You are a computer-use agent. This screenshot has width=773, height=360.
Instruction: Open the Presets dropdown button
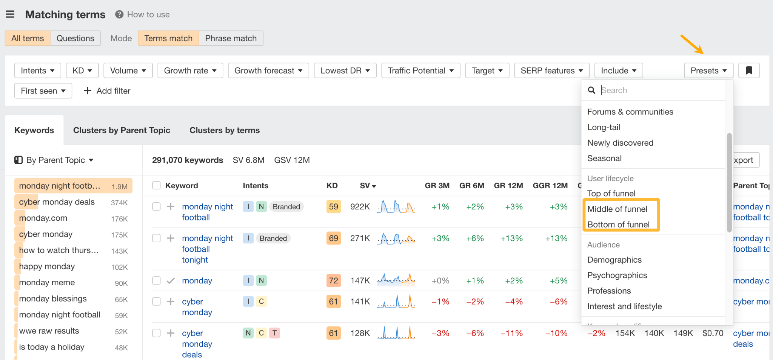(708, 71)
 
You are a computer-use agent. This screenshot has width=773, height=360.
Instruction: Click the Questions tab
(75, 38)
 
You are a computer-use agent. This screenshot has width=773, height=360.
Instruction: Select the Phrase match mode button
(231, 38)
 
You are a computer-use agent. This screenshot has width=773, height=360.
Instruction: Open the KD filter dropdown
(82, 71)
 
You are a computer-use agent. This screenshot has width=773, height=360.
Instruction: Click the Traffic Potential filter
(420, 71)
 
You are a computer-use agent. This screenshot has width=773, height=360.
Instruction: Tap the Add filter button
(107, 91)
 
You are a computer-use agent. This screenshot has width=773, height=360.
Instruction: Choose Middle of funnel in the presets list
(617, 209)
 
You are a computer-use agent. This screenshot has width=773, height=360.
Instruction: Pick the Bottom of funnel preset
(618, 225)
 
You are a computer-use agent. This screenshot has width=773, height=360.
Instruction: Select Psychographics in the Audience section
(617, 275)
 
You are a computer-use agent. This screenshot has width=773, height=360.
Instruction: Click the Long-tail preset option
(604, 128)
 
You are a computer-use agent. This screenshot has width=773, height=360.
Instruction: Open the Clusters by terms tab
(225, 130)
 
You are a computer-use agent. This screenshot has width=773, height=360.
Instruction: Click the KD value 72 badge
(333, 280)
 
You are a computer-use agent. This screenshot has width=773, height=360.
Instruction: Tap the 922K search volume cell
(360, 207)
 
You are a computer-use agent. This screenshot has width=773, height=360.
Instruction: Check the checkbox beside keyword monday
(156, 280)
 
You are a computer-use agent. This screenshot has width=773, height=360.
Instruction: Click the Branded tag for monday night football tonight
(273, 238)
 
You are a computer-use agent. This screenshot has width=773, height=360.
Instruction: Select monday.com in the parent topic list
(43, 218)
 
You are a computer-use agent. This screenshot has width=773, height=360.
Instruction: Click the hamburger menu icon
(10, 14)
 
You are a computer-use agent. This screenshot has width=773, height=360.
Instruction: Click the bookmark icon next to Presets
(749, 71)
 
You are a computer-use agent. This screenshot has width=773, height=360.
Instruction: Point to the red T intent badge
(274, 333)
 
